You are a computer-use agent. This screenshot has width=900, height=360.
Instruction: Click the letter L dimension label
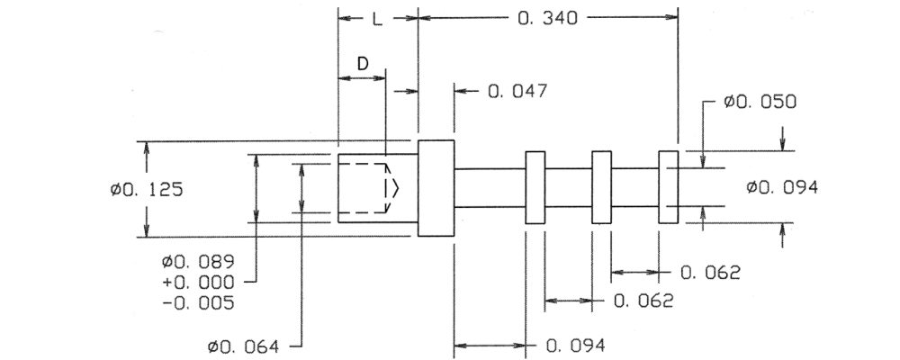tap(377, 18)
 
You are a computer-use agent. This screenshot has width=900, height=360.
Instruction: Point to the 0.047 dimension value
tap(517, 91)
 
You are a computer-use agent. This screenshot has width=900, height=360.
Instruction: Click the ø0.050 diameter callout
tap(760, 103)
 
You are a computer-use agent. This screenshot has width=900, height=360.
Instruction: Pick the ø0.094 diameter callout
tap(782, 188)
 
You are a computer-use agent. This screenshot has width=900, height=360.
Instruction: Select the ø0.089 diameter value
tap(198, 262)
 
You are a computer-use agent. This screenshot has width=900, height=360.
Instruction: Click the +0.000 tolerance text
tap(198, 283)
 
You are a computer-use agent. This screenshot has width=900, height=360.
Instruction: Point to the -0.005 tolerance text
tap(198, 303)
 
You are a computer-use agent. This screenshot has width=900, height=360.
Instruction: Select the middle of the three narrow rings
tap(601, 188)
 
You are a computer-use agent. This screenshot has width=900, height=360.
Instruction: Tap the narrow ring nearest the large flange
tap(535, 188)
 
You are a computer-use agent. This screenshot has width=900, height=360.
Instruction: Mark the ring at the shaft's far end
tap(668, 188)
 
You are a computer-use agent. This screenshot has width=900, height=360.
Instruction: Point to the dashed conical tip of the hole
tap(391, 189)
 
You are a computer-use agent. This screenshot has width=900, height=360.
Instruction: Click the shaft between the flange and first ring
tap(490, 188)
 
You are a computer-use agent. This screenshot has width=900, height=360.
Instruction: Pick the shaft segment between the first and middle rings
tap(569, 188)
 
